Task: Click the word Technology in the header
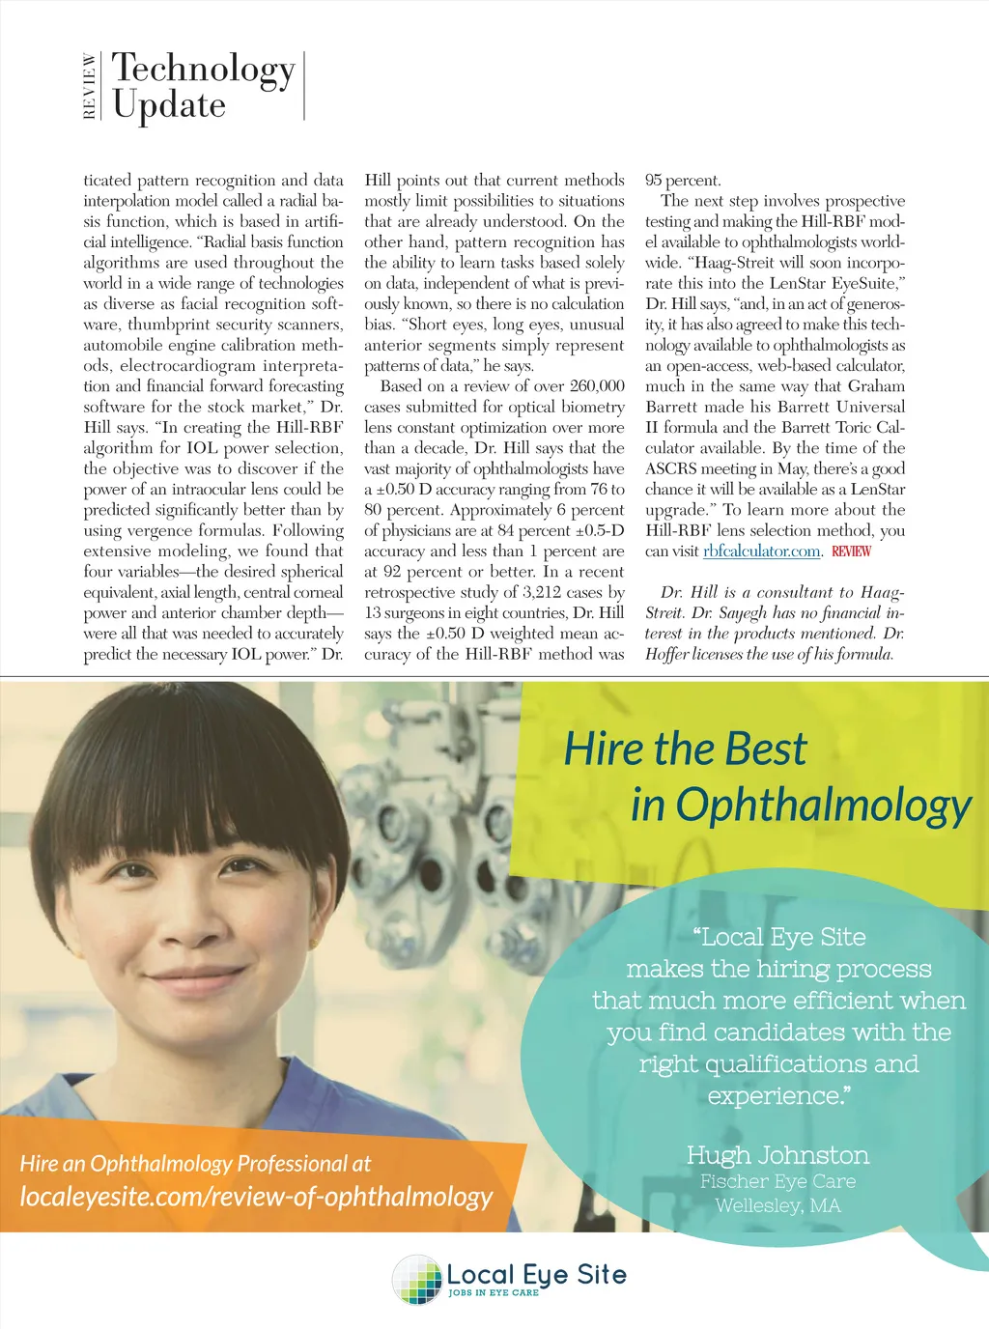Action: (203, 70)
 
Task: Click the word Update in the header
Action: (169, 105)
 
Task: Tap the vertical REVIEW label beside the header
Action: (90, 86)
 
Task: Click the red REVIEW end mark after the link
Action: (851, 551)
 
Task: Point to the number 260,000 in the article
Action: (597, 386)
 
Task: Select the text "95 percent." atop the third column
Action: (683, 181)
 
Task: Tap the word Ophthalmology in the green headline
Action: (824, 806)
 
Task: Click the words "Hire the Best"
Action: (685, 749)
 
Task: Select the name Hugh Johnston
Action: (777, 1155)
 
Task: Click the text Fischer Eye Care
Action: (777, 1181)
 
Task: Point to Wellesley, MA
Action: (777, 1205)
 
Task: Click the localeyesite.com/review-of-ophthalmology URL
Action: (256, 1197)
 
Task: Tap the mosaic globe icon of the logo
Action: (417, 1279)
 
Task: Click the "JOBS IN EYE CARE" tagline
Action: (494, 1292)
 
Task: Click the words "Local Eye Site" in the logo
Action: (536, 1275)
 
